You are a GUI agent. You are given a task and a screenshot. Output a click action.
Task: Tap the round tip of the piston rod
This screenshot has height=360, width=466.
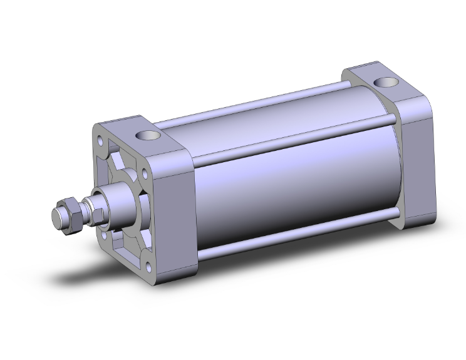56,216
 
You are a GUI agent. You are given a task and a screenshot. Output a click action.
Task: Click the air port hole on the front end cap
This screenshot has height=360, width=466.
146,134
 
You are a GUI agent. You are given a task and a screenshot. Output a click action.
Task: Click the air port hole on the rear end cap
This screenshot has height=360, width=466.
383,82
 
